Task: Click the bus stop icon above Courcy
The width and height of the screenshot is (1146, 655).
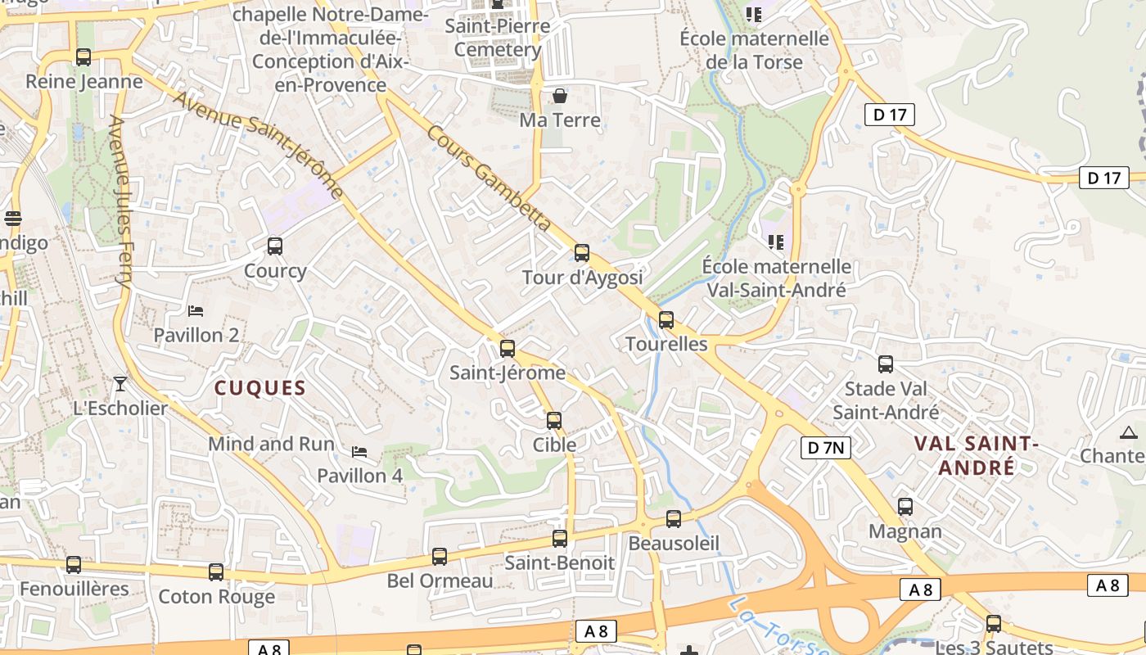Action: (275, 246)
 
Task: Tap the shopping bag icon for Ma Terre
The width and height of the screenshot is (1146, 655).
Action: (560, 96)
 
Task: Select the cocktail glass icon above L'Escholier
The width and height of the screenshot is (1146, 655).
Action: (120, 383)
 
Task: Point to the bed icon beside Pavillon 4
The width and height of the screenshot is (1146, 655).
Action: (359, 452)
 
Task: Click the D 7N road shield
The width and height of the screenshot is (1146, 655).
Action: (825, 447)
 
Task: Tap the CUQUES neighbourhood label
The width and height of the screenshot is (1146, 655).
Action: (259, 388)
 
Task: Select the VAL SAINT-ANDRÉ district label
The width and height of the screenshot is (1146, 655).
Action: (976, 455)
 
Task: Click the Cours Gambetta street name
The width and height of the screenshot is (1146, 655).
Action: (488, 178)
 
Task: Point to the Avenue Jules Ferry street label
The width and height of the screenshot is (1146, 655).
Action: (121, 201)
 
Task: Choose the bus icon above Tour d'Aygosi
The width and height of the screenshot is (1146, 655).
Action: (582, 253)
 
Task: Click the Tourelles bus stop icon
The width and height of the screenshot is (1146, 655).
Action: (666, 320)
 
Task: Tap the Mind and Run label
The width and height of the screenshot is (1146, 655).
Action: (271, 444)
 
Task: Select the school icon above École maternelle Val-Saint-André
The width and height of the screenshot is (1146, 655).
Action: (776, 242)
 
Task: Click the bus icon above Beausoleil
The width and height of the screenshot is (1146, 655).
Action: (674, 519)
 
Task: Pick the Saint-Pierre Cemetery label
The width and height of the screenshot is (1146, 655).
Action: (498, 38)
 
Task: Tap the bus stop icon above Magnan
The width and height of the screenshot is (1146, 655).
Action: (905, 507)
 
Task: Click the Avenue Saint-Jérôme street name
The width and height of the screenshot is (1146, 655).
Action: (258, 142)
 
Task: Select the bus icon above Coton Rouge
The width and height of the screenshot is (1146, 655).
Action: (216, 572)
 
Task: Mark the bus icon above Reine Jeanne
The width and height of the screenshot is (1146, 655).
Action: (83, 57)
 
